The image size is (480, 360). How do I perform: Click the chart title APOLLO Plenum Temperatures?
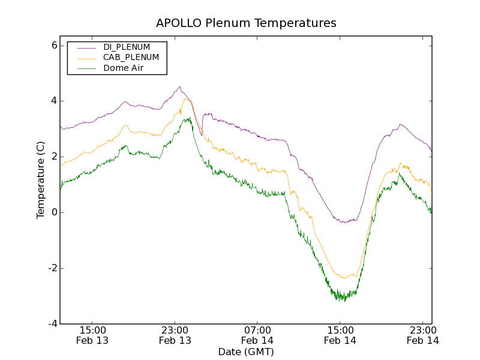[x=246, y=23]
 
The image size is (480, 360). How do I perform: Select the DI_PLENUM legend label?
[x=127, y=47]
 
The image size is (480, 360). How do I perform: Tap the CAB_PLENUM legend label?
[x=131, y=58]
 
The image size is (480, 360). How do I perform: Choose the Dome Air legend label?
[x=123, y=68]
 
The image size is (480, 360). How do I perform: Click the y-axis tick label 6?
[x=54, y=45]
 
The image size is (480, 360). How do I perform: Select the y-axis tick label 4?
[x=54, y=101]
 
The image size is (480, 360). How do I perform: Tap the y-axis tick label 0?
[x=54, y=212]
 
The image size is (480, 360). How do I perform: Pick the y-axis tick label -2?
[x=52, y=268]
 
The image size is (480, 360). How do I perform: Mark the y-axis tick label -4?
[x=52, y=324]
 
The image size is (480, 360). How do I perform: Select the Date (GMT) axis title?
[x=246, y=352]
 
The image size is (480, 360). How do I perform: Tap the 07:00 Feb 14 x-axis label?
[x=257, y=335]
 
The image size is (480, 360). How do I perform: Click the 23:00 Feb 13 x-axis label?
[x=175, y=335]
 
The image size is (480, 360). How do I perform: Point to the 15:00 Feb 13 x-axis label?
[x=92, y=335]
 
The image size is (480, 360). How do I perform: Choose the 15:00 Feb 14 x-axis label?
[x=340, y=335]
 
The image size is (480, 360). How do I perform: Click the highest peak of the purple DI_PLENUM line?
[x=179, y=86]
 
